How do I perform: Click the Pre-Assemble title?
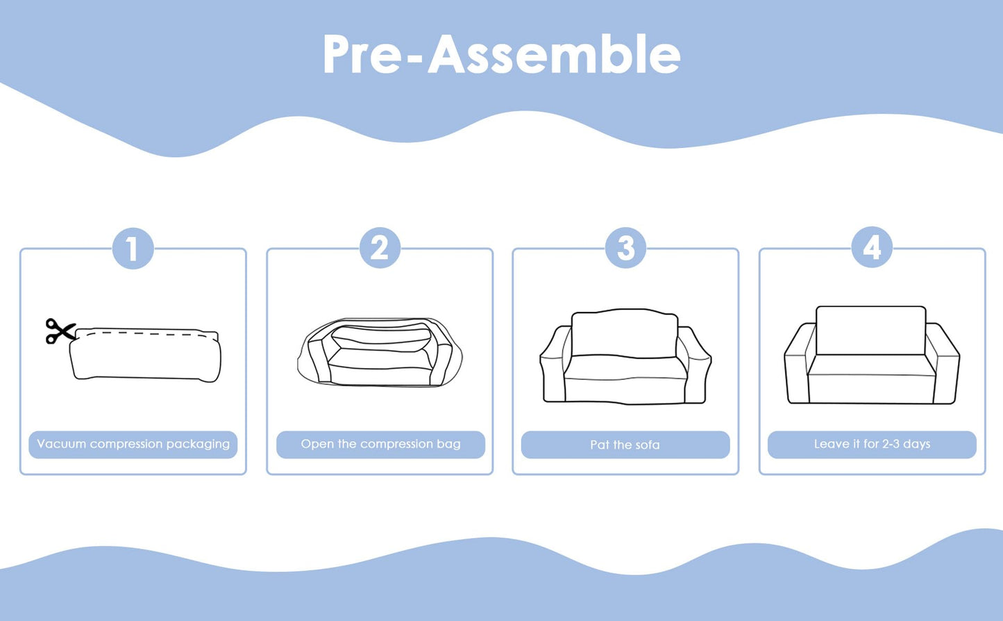tap(501, 53)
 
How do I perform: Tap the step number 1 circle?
tap(133, 249)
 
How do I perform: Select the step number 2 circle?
tap(380, 248)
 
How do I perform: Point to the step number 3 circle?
tap(625, 248)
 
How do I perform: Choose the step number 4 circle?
tap(872, 247)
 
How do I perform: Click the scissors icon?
tap(60, 331)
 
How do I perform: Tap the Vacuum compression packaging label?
tap(133, 445)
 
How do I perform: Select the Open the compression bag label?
tap(380, 445)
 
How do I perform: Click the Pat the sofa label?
tap(625, 445)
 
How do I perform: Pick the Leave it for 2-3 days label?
tap(873, 445)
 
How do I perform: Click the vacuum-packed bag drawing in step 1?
tap(145, 355)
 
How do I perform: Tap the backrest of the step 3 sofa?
tap(625, 333)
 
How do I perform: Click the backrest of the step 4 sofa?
tap(871, 331)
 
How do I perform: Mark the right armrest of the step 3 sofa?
tap(695, 365)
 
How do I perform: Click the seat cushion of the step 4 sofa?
tap(872, 379)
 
